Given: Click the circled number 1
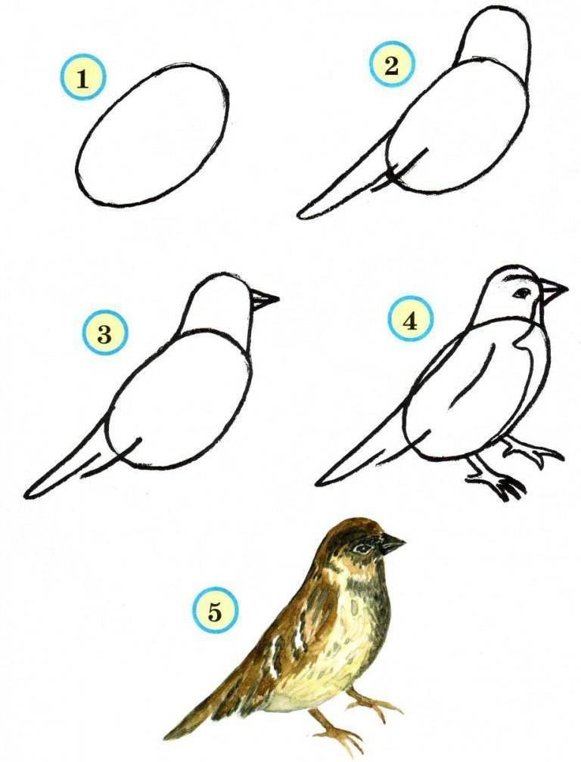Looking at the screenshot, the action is (83, 79).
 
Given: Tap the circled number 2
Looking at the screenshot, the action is (391, 66).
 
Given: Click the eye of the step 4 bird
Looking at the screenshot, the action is (523, 293).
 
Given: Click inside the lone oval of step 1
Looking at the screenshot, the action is (153, 134).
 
